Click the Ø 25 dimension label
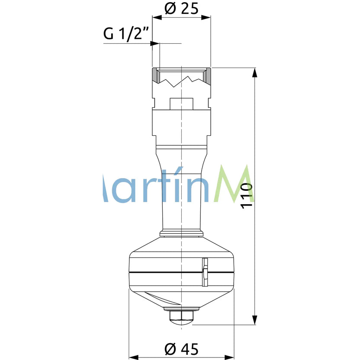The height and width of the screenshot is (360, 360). [181, 8]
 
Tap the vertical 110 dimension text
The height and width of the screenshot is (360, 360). [246, 196]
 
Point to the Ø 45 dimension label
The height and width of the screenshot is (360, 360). [181, 348]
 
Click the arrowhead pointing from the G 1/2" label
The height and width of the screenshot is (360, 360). [155, 43]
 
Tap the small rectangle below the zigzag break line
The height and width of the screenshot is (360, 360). [181, 104]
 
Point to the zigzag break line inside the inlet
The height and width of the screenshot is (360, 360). [181, 81]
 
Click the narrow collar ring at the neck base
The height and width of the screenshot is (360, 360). [181, 234]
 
